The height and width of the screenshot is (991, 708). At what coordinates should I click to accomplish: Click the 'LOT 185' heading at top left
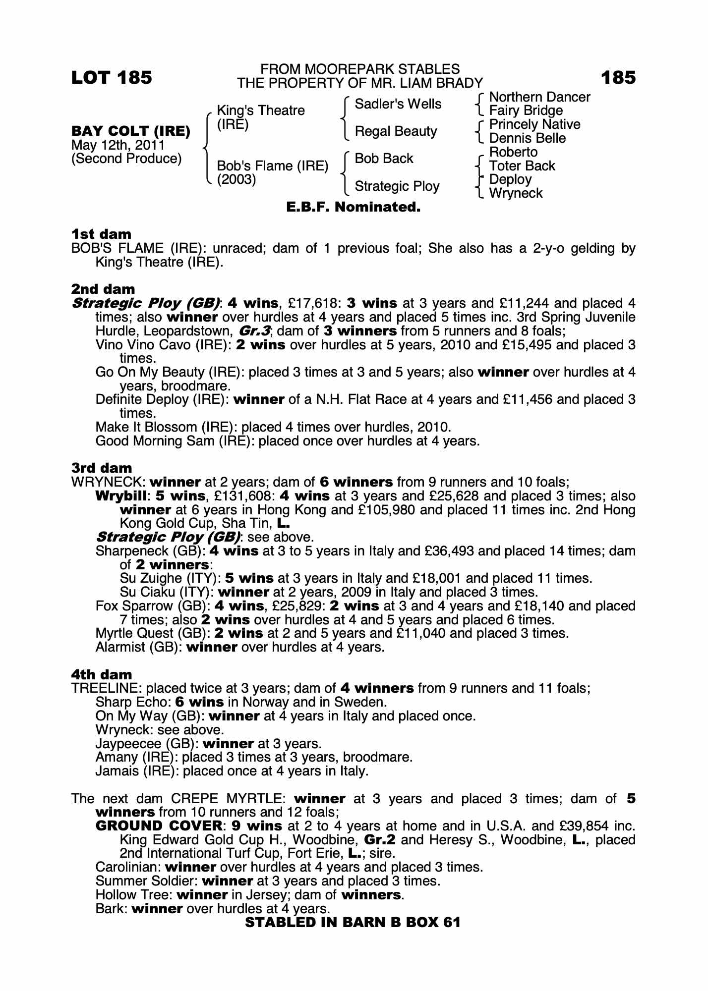[x=112, y=78]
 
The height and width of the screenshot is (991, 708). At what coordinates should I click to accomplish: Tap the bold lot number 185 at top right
[x=618, y=78]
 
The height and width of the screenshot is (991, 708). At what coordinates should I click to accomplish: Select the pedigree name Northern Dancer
[x=539, y=97]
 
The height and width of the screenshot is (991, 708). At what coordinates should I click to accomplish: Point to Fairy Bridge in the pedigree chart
[x=526, y=110]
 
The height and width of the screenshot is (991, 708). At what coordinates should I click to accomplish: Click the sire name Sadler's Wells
[x=398, y=104]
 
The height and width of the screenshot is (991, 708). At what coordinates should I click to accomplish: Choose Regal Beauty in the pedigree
[x=396, y=131]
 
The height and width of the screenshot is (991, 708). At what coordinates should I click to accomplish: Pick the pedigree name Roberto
[x=513, y=152]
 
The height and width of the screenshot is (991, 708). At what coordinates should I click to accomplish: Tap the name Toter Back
[x=522, y=166]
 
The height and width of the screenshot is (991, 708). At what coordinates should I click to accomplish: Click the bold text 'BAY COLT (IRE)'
[x=131, y=131]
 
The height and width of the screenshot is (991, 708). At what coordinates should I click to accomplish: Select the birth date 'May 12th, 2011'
[x=118, y=145]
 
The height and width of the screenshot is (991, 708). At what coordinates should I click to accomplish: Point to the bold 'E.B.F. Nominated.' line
[x=354, y=207]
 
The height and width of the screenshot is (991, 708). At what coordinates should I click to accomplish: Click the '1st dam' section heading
[x=102, y=234]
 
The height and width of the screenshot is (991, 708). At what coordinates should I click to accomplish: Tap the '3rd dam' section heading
[x=102, y=468]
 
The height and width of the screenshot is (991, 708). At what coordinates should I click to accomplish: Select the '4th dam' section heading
[x=102, y=674]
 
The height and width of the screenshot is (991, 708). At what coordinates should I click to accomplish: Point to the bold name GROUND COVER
[x=159, y=826]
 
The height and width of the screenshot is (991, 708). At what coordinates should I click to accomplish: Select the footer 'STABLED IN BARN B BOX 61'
[x=353, y=922]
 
